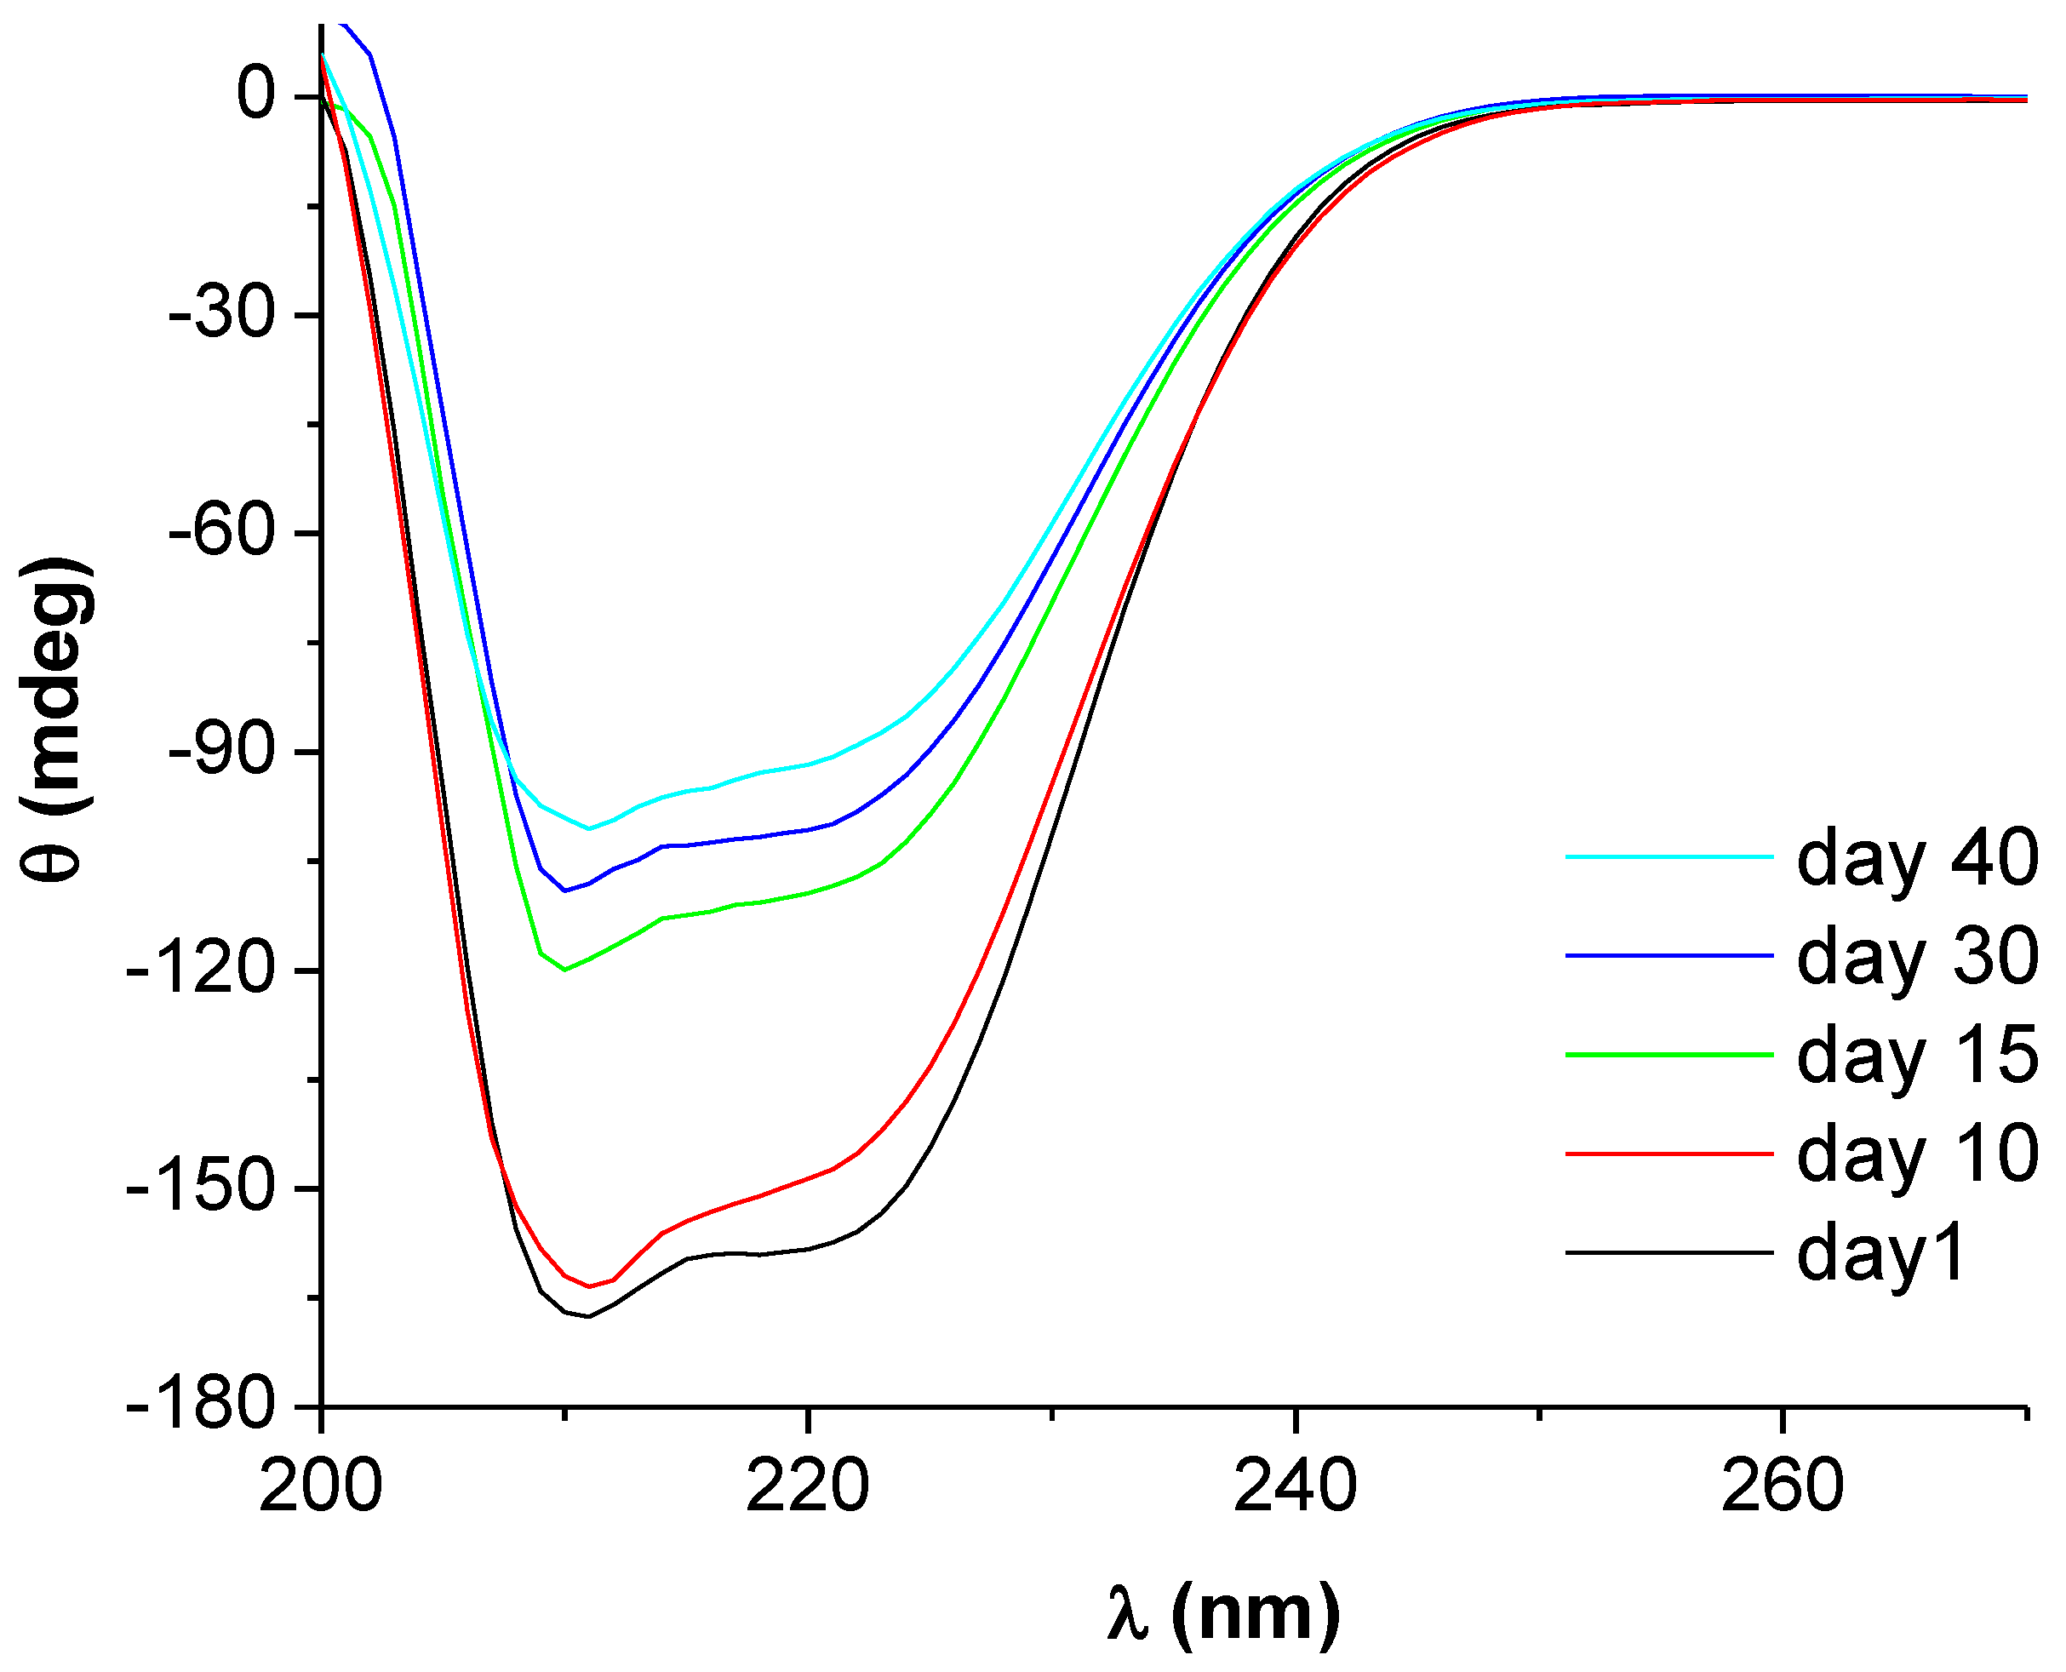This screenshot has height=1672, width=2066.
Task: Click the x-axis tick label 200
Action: pyautogui.click(x=321, y=1487)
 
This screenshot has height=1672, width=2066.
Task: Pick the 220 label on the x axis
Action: pyautogui.click(x=808, y=1487)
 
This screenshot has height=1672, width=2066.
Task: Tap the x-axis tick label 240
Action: pyautogui.click(x=1296, y=1487)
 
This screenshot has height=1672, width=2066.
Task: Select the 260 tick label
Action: pyautogui.click(x=1783, y=1487)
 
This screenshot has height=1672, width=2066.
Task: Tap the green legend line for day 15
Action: pyautogui.click(x=1669, y=1055)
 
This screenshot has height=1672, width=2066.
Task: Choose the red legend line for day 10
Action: pyautogui.click(x=1669, y=1153)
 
